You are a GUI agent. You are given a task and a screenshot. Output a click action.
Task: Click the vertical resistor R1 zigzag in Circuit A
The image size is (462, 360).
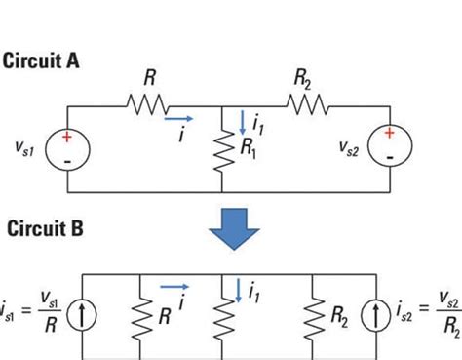pyautogui.click(x=223, y=160)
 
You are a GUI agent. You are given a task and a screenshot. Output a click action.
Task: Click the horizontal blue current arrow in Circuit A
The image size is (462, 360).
pyautogui.click(x=179, y=121)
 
